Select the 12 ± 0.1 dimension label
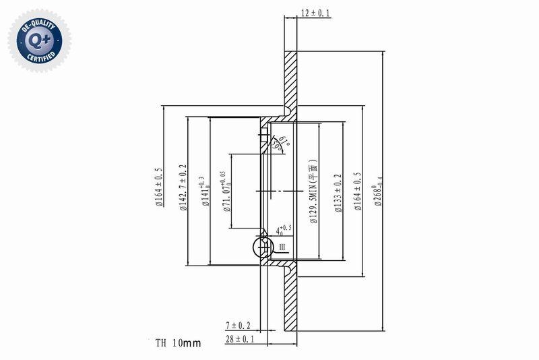point(315,13)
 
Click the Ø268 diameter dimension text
point(379,192)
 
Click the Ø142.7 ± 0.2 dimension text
point(183,189)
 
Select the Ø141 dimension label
point(205,191)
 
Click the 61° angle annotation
point(284,141)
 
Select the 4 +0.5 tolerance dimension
point(284,231)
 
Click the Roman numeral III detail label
point(282,248)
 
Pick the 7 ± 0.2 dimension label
point(239,326)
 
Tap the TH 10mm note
point(178,343)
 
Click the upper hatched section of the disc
point(290,81)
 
